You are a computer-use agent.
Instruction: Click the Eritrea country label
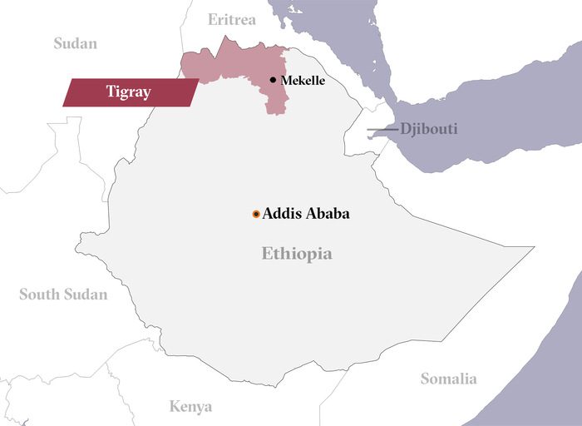pos(232,20)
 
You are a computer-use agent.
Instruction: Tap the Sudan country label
pos(76,43)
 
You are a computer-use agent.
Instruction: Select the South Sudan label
pos(63,294)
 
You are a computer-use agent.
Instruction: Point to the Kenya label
pos(190,406)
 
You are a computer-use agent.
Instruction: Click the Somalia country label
pos(448,379)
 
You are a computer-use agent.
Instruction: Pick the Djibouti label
pos(428,129)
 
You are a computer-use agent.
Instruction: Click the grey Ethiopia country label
pos(297,254)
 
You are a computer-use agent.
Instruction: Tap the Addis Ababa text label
pos(306,214)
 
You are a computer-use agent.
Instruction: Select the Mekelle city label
pos(303,81)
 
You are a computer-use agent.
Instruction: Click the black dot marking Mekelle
pos(273,80)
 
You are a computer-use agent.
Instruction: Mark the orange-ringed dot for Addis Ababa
pos(256,214)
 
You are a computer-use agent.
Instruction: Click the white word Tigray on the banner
pos(128,92)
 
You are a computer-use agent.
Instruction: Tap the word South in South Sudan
pos(39,294)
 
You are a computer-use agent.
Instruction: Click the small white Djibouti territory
pos(363,137)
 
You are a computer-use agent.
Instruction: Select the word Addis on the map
pos(280,214)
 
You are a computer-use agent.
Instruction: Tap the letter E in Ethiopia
pos(267,254)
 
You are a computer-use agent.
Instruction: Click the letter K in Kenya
pos(175,406)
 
